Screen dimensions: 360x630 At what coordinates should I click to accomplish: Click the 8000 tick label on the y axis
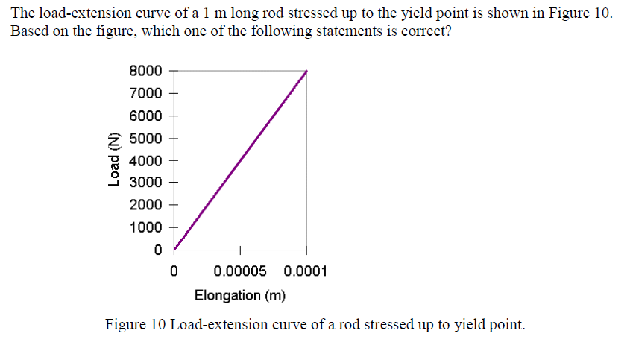[145, 71]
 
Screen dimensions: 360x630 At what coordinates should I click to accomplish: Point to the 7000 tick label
[145, 93]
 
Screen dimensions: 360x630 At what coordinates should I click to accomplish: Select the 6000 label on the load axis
[145, 116]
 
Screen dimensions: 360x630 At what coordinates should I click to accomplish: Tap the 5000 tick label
[145, 138]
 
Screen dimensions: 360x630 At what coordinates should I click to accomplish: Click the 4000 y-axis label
[145, 160]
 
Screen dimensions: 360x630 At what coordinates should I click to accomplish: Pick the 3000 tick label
[145, 183]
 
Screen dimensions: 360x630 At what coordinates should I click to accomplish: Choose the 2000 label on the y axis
[145, 205]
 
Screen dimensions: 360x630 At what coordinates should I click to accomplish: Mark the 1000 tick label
[145, 227]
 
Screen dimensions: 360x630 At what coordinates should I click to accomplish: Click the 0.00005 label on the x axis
[240, 271]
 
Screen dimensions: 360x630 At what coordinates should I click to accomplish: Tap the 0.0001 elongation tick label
[306, 271]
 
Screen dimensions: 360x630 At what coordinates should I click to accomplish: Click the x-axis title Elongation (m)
[240, 295]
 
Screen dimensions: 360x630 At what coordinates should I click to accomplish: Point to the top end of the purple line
[306, 72]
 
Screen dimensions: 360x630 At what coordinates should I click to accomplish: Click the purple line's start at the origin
[174, 250]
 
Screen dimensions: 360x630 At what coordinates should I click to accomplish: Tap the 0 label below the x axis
[174, 271]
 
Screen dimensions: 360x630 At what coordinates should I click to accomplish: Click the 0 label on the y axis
[158, 250]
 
